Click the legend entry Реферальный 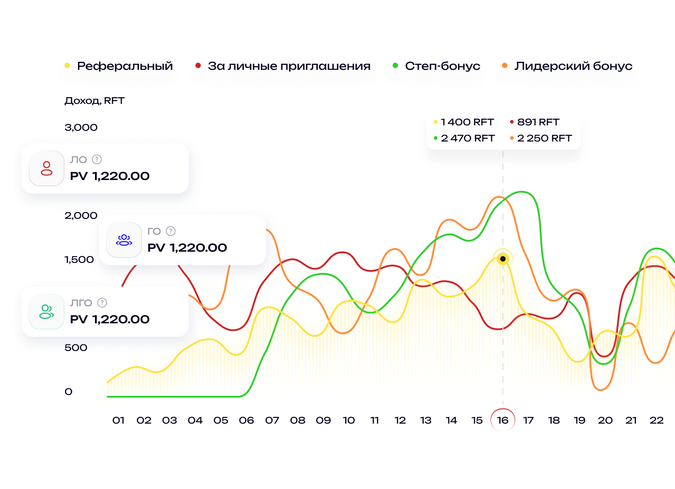click(124, 66)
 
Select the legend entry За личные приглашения click(289, 66)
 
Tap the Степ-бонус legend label click(442, 66)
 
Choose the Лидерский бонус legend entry click(573, 66)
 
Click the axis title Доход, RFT click(94, 101)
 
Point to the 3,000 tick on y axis click(81, 128)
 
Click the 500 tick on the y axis click(76, 348)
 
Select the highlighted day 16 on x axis click(502, 420)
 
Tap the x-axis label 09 click(323, 420)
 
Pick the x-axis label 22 click(656, 420)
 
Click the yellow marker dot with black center click(503, 259)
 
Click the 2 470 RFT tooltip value click(467, 138)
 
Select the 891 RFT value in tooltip click(538, 122)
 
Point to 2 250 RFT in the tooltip click(544, 138)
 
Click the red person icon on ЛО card click(47, 168)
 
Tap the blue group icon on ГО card click(124, 240)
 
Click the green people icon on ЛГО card click(47, 312)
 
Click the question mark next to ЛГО click(102, 303)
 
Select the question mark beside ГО click(171, 231)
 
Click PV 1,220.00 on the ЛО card click(110, 176)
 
